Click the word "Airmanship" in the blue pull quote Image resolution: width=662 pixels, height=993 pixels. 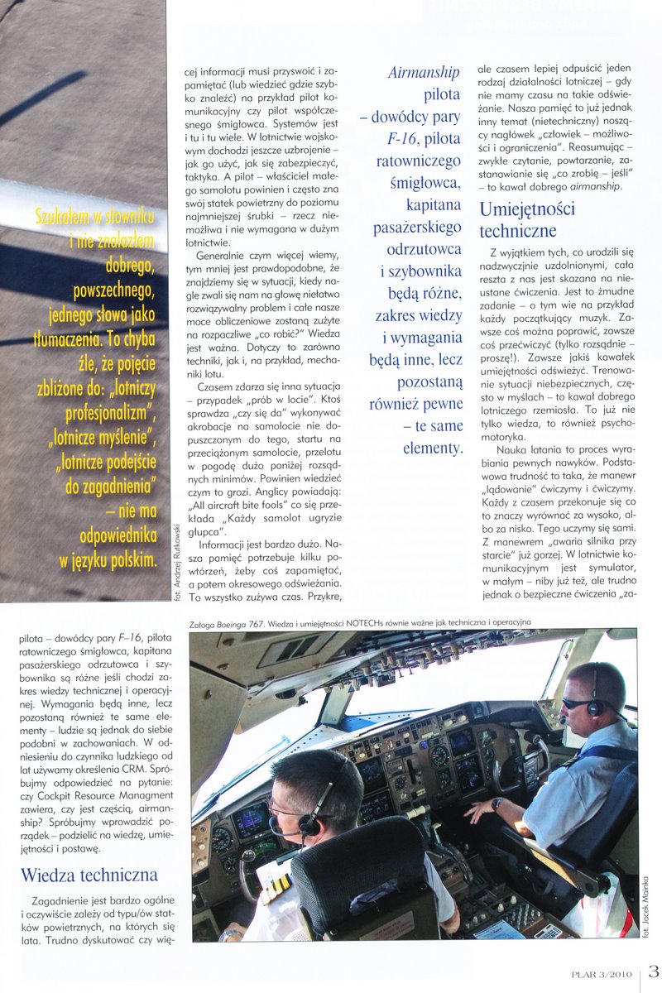coord(423,72)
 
